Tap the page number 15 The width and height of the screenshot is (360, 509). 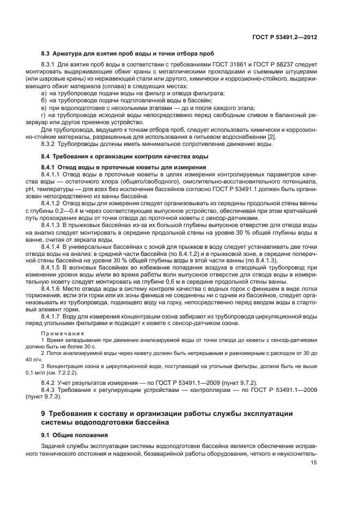pyautogui.click(x=314, y=463)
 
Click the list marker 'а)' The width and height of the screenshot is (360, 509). pyautogui.click(x=44, y=93)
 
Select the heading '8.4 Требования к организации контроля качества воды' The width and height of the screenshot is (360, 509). pyautogui.click(x=124, y=156)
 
